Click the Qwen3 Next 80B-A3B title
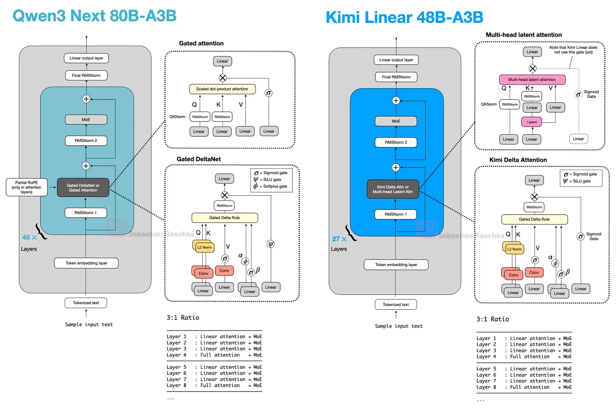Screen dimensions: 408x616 [x=94, y=16]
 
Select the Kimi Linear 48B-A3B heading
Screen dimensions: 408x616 [x=404, y=18]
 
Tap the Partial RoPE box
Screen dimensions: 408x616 [x=26, y=187]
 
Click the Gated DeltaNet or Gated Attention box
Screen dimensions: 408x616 [x=83, y=188]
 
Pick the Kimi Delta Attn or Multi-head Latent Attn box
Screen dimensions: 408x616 [x=393, y=189]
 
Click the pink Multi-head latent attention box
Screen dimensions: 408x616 [x=532, y=80]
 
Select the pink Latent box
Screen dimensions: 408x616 [x=532, y=122]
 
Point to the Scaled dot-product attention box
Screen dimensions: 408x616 [x=222, y=89]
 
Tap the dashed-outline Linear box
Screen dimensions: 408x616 [x=578, y=139]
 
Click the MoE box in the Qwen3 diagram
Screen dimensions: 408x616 [x=86, y=119]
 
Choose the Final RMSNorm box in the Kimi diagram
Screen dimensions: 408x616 [x=396, y=77]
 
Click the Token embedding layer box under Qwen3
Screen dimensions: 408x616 [x=86, y=263]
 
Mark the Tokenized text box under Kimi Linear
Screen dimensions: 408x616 [x=396, y=305]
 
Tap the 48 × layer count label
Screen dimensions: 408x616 [x=29, y=238]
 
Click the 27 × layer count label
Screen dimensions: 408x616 [x=339, y=239]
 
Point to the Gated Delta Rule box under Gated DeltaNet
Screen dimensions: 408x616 [x=225, y=218]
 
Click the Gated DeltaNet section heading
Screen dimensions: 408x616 [x=199, y=159]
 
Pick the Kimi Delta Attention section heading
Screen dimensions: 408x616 [x=518, y=160]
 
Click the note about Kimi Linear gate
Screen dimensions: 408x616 [x=573, y=50]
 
